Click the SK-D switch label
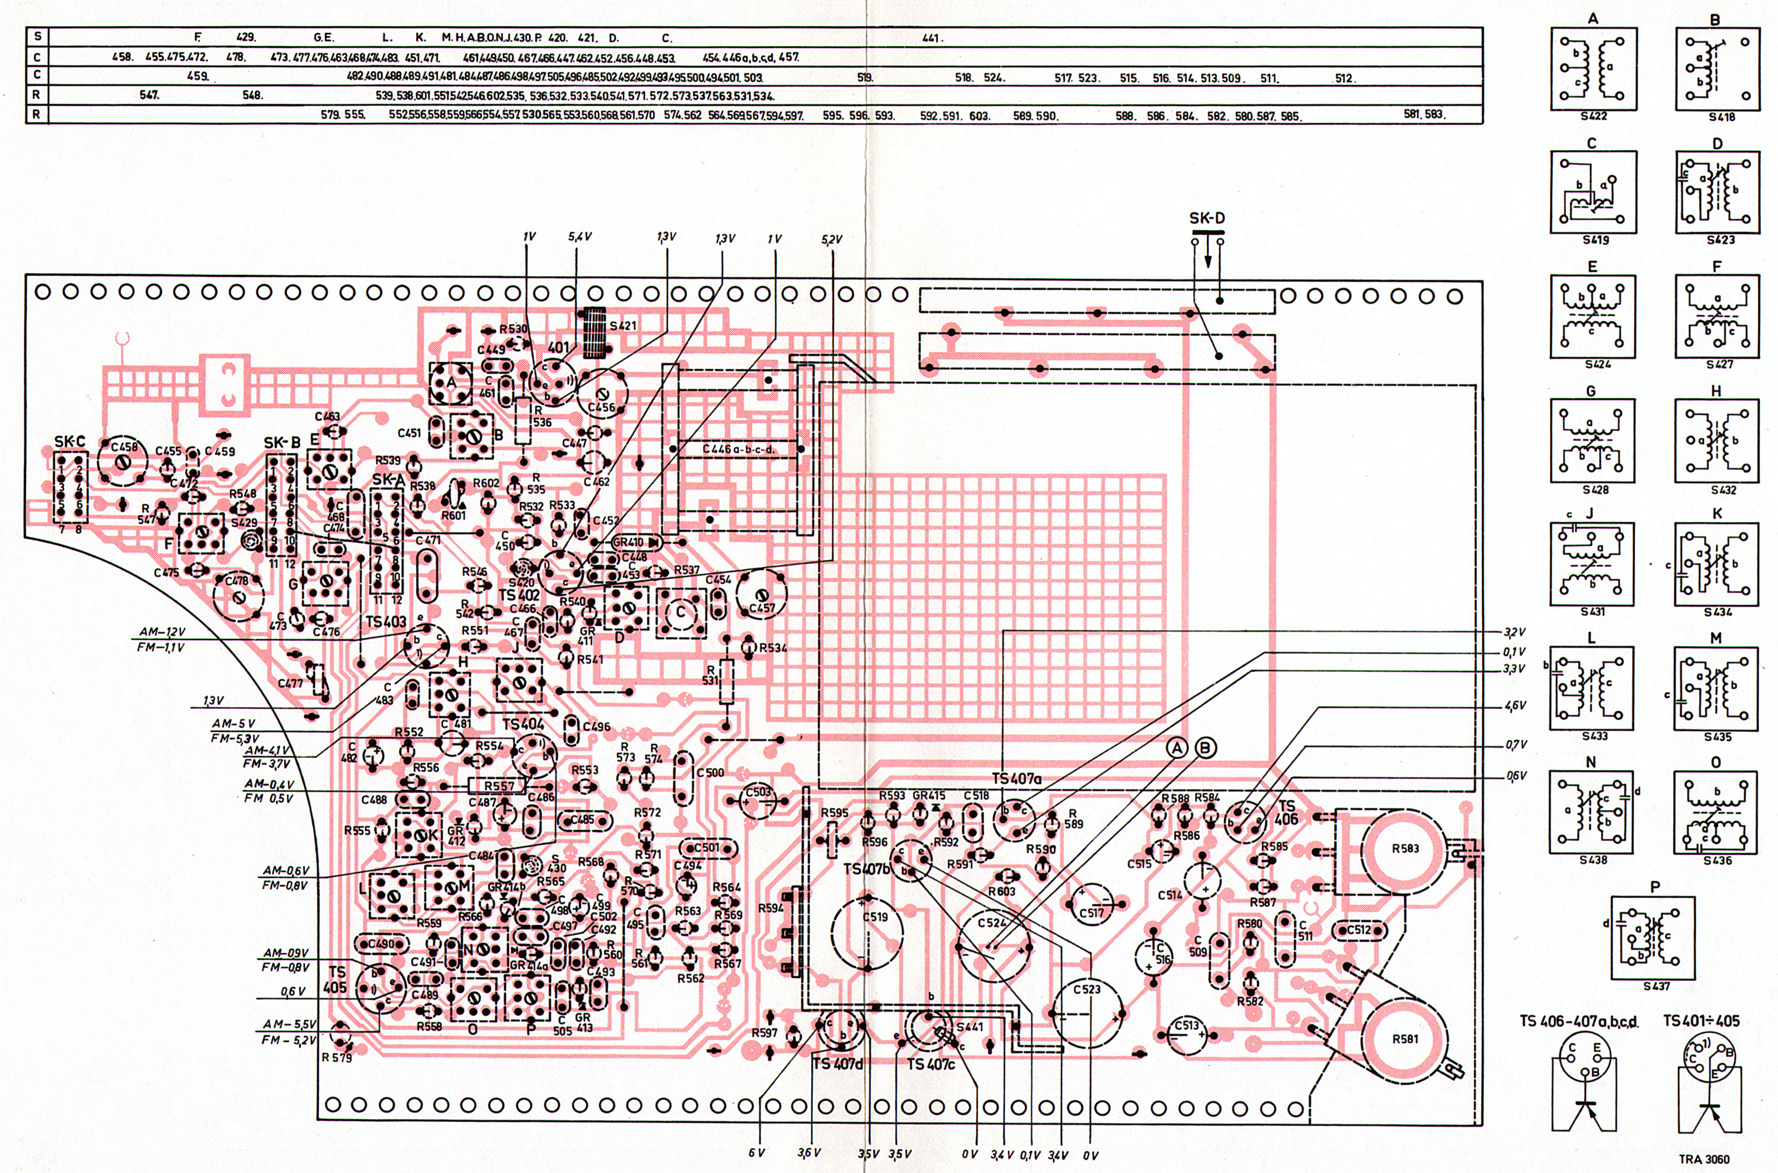pyautogui.click(x=1207, y=219)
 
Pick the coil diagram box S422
pyautogui.click(x=1592, y=69)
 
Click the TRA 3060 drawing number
pyautogui.click(x=1704, y=1159)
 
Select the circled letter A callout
pyautogui.click(x=1178, y=747)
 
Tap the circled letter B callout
pyautogui.click(x=1205, y=747)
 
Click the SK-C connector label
pyautogui.click(x=69, y=442)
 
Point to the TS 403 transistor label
pyautogui.click(x=386, y=622)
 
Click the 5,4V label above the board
pyautogui.click(x=580, y=236)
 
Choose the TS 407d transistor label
pyautogui.click(x=837, y=1064)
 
